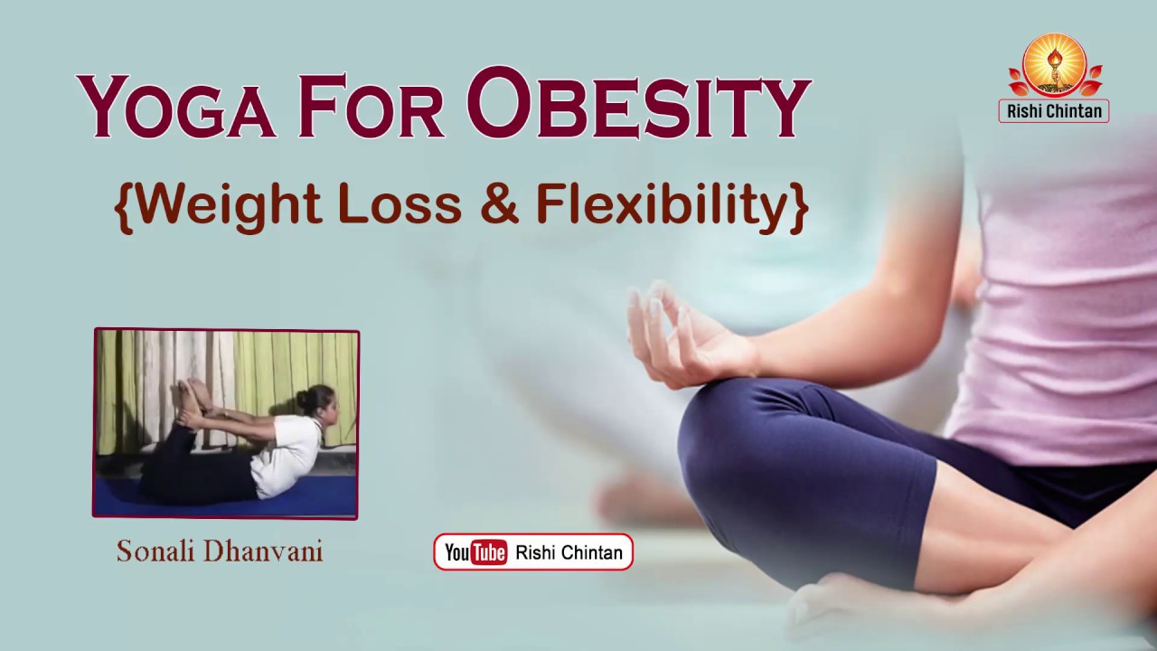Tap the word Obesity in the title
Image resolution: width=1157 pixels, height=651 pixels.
639,103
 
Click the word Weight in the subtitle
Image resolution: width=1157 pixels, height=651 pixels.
230,205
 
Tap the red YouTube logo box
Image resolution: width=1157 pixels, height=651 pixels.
475,552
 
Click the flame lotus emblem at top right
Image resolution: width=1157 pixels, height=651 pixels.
1054,65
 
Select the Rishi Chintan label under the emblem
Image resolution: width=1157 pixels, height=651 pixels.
1054,111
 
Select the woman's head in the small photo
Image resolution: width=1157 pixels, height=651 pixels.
321,404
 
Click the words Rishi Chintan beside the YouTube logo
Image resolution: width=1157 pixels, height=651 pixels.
569,552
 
